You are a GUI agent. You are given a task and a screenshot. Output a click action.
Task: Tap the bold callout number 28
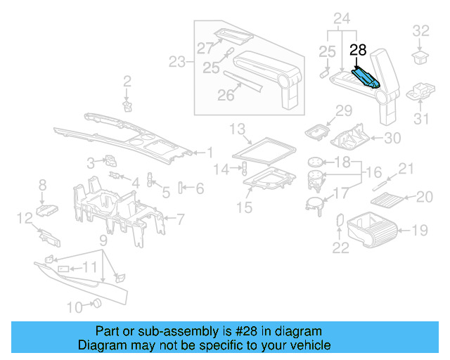pyautogui.click(x=359, y=51)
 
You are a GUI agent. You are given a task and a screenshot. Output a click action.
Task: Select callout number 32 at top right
pyautogui.click(x=420, y=31)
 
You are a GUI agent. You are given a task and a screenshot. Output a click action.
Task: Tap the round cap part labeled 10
pyautogui.click(x=98, y=304)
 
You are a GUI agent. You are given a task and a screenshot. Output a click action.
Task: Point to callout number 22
pyautogui.click(x=340, y=247)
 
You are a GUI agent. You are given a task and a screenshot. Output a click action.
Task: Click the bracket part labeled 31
pyautogui.click(x=422, y=92)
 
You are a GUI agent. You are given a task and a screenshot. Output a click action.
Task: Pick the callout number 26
pyautogui.click(x=225, y=95)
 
